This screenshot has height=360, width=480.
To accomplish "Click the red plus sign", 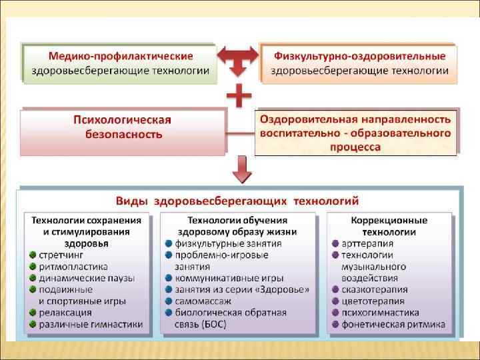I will pos(239,97).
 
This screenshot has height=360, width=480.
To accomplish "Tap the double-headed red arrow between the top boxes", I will pos(238,59).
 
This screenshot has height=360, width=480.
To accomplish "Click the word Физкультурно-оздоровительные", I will pos(358,55).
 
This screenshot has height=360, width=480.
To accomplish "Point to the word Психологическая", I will pos(122,120).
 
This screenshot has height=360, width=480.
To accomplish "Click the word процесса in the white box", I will pos(355,147).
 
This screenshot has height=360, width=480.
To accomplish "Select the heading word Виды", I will pos(132,200).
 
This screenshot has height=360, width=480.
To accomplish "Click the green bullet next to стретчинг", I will pos(33,255).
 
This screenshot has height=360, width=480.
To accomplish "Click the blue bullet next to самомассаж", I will pos(169,301).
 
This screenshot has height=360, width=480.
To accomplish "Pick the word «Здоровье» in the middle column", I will pos(283,290).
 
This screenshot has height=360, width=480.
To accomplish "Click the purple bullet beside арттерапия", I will pos(335,243).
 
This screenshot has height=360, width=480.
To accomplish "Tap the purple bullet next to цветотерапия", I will pos(335,301).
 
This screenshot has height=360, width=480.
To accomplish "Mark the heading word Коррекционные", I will pos(389,220).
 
